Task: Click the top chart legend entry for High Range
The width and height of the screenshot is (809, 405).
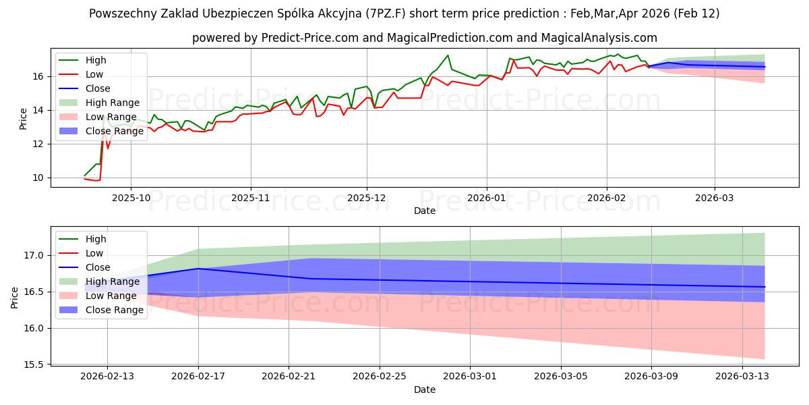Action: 113,103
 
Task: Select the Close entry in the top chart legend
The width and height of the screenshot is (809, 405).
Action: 98,88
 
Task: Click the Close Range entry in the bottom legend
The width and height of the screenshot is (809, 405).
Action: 115,310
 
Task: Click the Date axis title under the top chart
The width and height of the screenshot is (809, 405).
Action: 425,211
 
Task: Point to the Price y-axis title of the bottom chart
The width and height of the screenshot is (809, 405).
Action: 15,297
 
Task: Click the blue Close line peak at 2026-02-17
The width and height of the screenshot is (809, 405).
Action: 198,269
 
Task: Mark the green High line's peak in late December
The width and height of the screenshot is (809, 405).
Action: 447,55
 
